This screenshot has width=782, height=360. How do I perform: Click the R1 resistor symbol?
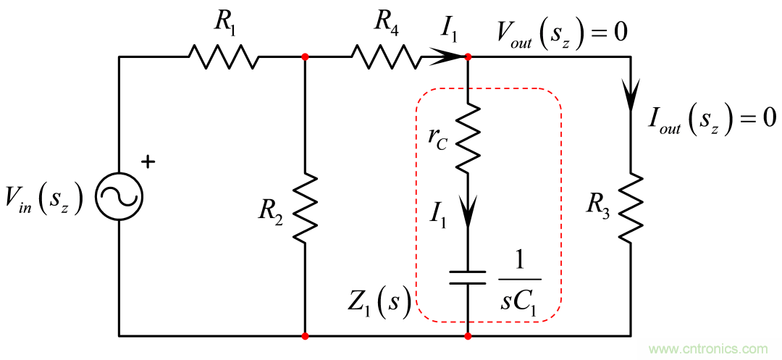[223, 56]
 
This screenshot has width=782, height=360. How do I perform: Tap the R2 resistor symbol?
[305, 206]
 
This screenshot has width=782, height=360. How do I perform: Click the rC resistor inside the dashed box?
[468, 138]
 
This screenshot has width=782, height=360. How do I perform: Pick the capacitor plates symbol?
[468, 277]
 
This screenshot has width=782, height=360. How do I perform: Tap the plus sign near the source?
[148, 162]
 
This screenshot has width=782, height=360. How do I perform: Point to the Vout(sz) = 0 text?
[561, 33]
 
